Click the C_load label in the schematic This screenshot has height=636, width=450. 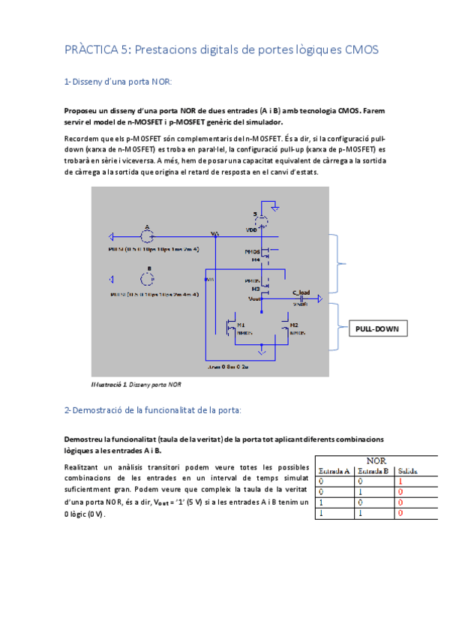(x=301, y=292)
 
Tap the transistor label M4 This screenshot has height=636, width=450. (x=255, y=259)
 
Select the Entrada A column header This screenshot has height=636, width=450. (x=334, y=471)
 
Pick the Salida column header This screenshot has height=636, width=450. (x=408, y=471)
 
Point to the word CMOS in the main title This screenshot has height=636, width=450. (x=361, y=49)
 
